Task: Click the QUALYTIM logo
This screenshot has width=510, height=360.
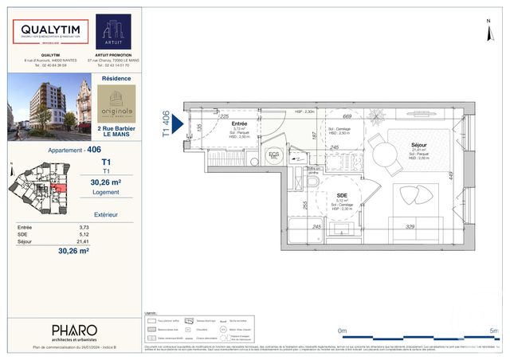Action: [50, 32]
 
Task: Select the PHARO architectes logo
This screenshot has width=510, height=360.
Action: [74, 330]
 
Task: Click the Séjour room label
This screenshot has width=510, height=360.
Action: [419, 145]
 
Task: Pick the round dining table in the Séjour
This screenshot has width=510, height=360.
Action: [388, 153]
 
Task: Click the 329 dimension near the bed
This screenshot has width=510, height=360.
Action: [409, 227]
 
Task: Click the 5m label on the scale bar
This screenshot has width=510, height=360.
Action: [493, 330]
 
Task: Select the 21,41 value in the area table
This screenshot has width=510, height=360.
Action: [83, 241]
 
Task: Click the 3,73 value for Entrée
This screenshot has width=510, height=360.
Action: [84, 228]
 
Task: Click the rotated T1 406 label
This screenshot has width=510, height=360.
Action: [167, 124]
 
